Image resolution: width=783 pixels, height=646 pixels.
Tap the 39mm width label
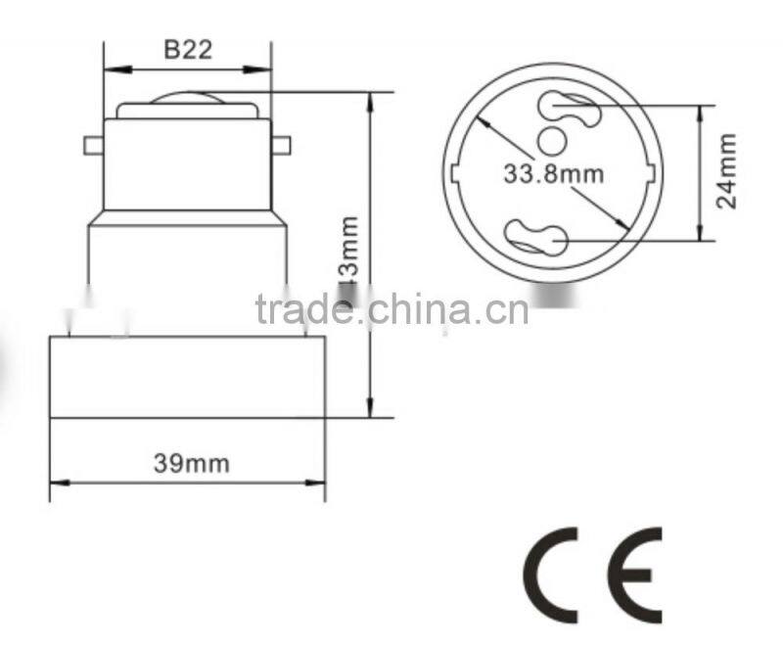(x=191, y=462)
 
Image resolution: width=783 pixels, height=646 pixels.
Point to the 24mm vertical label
(x=727, y=171)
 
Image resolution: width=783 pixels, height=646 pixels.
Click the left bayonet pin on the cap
(x=94, y=147)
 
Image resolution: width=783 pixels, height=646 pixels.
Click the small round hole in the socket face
(x=553, y=141)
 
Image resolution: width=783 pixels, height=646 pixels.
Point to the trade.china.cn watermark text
(x=391, y=308)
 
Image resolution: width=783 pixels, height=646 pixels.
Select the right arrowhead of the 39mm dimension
(x=318, y=482)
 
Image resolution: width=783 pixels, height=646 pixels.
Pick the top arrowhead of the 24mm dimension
(x=699, y=111)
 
